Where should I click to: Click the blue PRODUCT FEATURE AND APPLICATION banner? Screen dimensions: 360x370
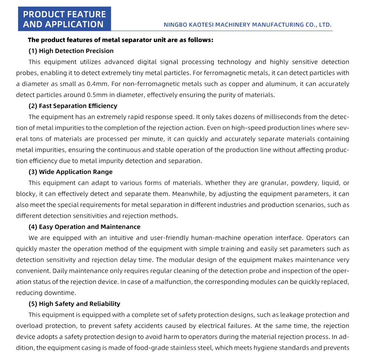(x=64, y=19)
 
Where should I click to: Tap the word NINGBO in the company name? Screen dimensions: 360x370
(x=176, y=25)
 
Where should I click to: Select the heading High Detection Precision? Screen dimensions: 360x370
(x=76, y=51)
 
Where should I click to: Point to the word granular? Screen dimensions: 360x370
(x=274, y=183)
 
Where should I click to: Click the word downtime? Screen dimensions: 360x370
(x=61, y=293)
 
